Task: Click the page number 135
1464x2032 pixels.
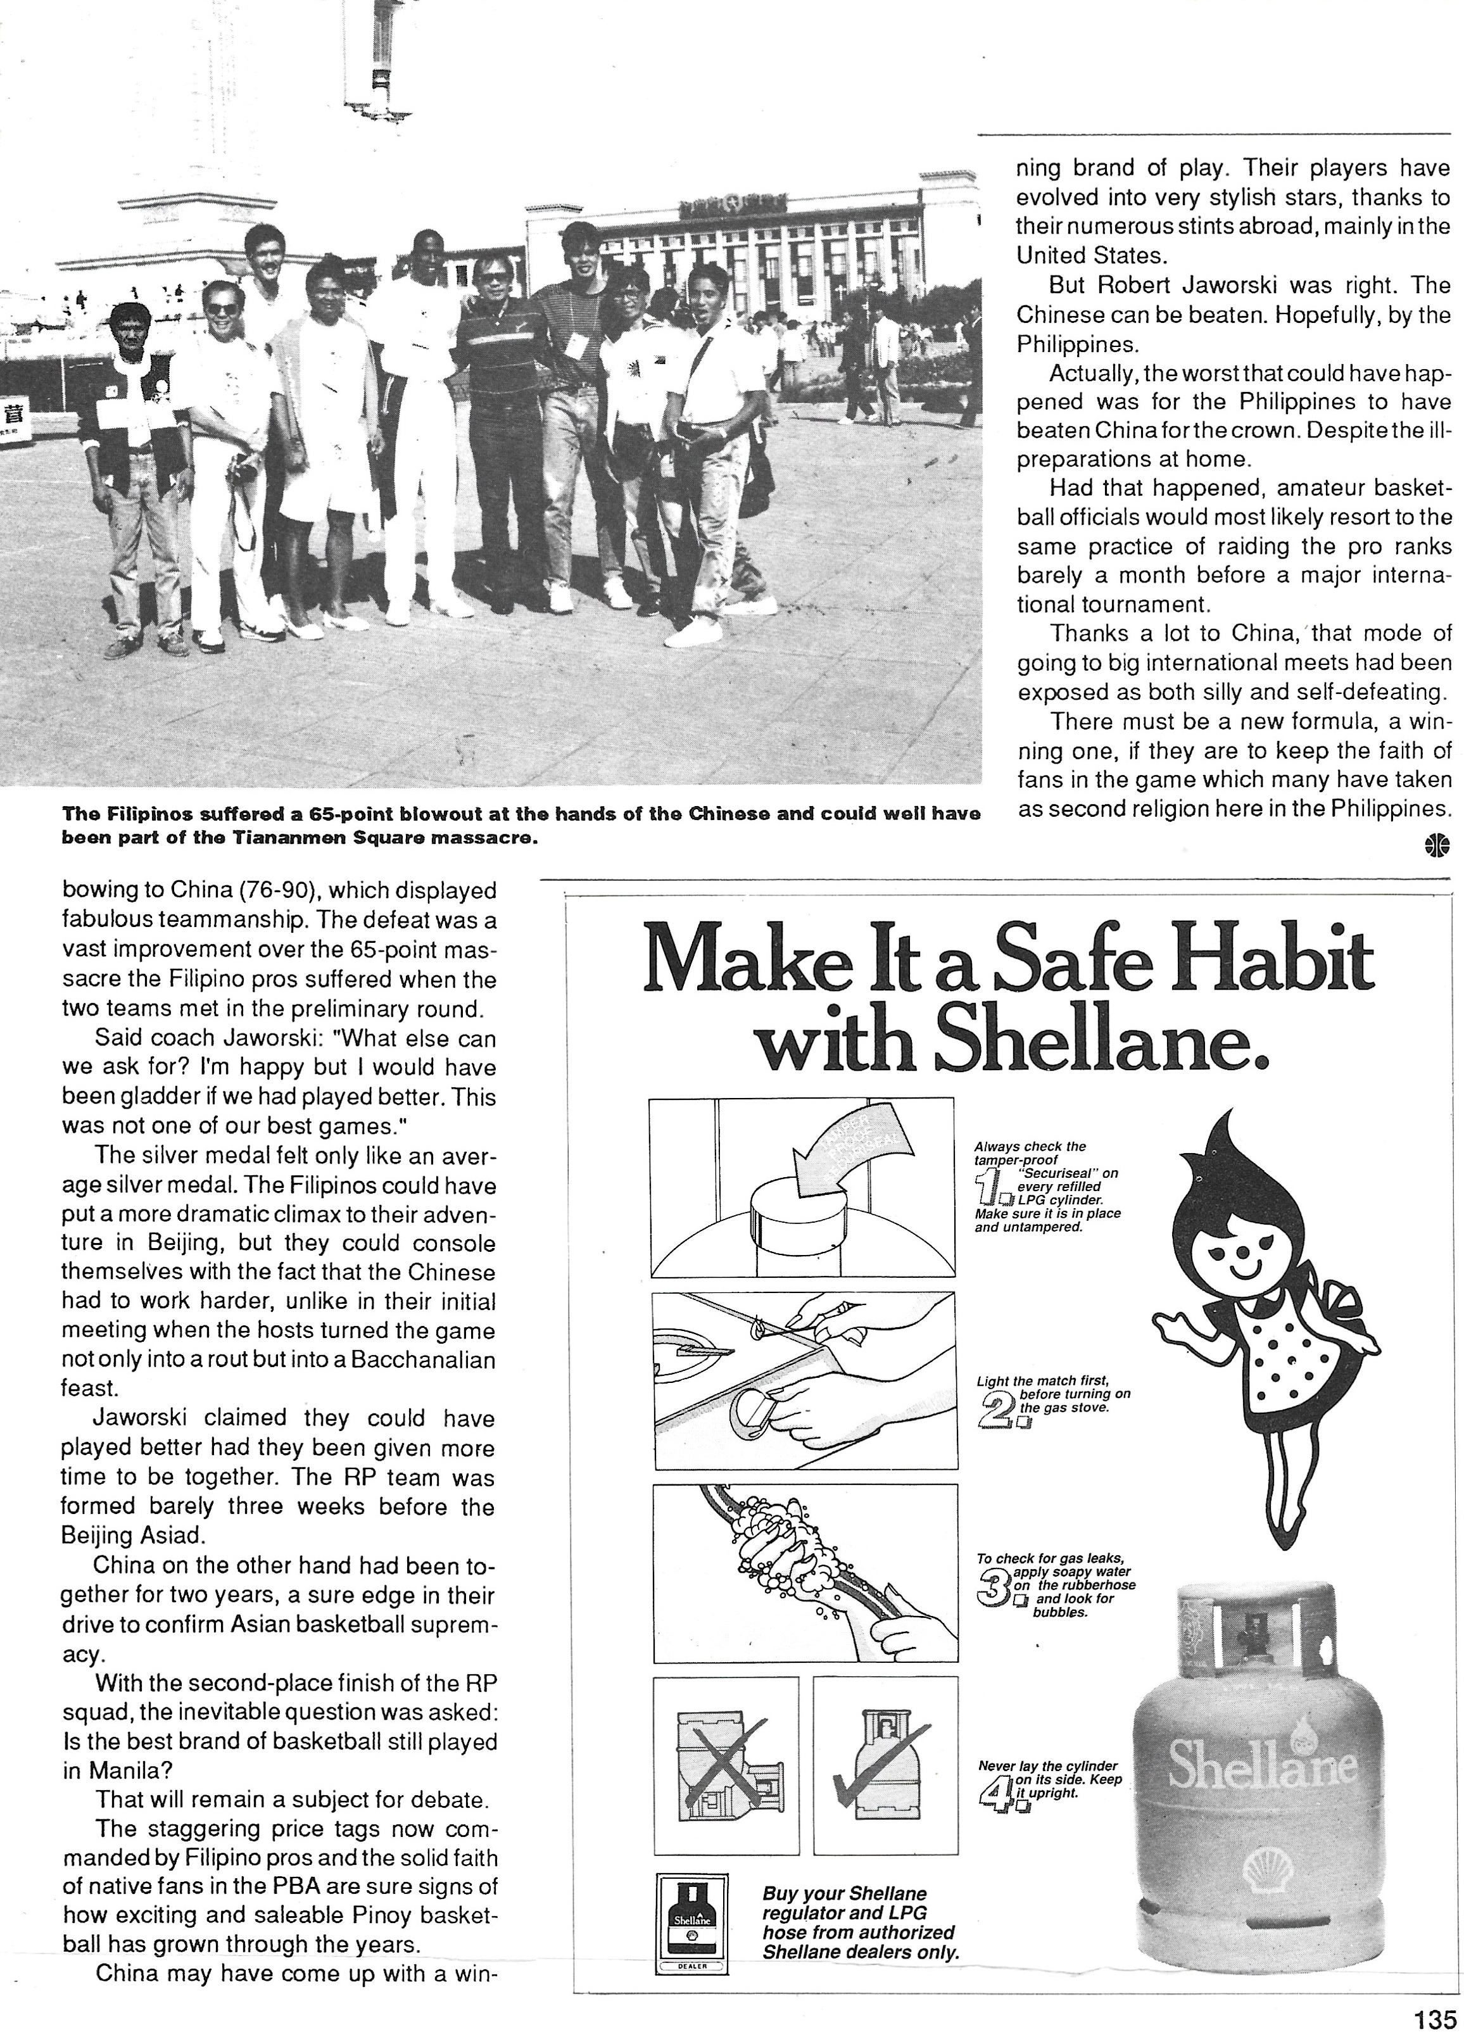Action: click(1436, 2017)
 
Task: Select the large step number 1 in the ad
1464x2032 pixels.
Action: click(990, 1190)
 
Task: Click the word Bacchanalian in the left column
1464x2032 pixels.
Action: click(423, 1360)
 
